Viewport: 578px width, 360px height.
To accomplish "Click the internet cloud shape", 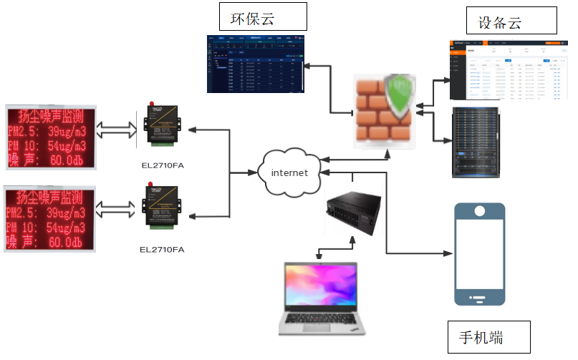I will tap(289, 172).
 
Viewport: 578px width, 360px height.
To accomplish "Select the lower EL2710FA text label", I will tap(163, 249).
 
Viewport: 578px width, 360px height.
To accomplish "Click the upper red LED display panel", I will tap(49, 137).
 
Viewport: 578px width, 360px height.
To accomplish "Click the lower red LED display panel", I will tap(49, 219).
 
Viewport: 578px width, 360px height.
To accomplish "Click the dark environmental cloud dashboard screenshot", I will tap(255, 64).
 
